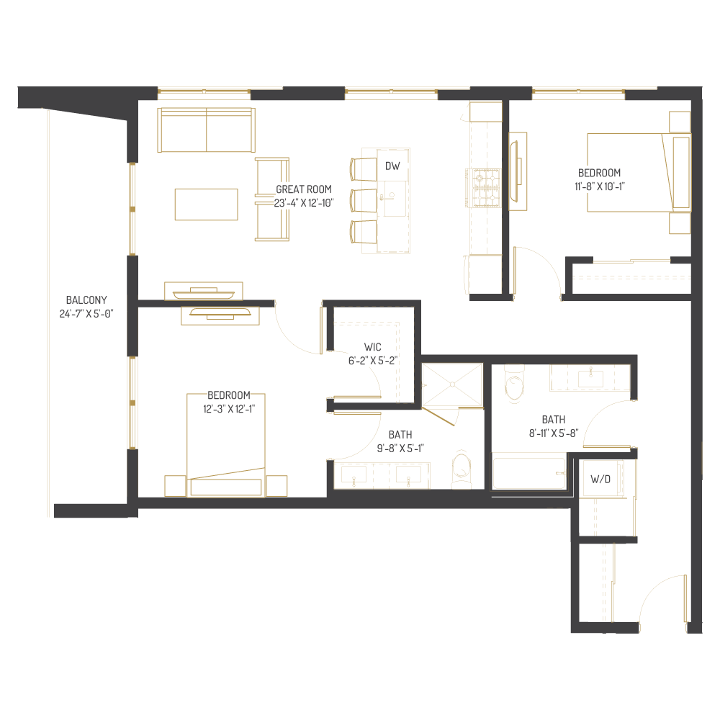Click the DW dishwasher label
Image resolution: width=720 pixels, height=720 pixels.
(x=392, y=166)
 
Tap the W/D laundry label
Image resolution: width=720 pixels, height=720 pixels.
(x=600, y=480)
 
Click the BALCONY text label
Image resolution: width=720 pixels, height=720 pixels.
(x=86, y=300)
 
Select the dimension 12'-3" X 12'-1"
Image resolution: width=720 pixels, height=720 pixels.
(x=228, y=408)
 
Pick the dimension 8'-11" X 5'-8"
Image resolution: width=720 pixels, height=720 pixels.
(x=553, y=433)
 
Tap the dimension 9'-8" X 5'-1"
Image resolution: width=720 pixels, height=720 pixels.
(x=400, y=448)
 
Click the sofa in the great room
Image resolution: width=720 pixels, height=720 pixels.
(x=207, y=130)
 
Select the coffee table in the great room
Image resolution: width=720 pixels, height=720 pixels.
(x=206, y=204)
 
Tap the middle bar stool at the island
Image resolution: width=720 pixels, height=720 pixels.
(x=364, y=200)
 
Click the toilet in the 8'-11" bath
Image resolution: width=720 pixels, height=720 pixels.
(x=516, y=384)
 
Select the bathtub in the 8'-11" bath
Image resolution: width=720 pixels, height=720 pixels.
(x=529, y=472)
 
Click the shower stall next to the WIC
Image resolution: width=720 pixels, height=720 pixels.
(x=451, y=384)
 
